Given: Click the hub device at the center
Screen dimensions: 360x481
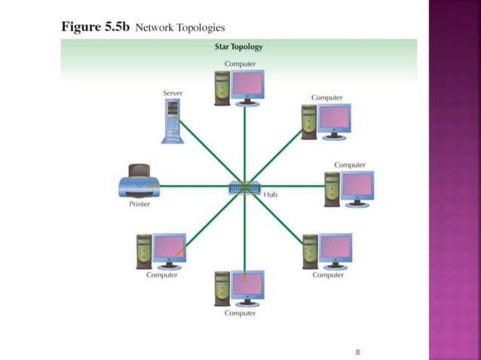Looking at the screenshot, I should click(244, 188).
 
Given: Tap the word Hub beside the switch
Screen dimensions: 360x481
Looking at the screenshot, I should click(271, 194).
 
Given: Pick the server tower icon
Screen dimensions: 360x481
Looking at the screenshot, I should click(173, 121).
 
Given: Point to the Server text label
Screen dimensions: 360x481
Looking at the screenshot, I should click(173, 93).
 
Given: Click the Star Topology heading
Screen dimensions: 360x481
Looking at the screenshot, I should click(239, 47).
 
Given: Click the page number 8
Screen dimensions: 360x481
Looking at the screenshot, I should click(358, 352).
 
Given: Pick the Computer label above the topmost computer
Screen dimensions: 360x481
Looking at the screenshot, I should click(240, 64).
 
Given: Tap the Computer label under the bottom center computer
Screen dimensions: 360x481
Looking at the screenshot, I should click(240, 313).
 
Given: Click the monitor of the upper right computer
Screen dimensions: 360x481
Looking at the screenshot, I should click(334, 117).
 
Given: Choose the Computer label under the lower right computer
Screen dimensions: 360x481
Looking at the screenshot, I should click(328, 275).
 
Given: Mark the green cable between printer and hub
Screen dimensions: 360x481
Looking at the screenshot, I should click(196, 185).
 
